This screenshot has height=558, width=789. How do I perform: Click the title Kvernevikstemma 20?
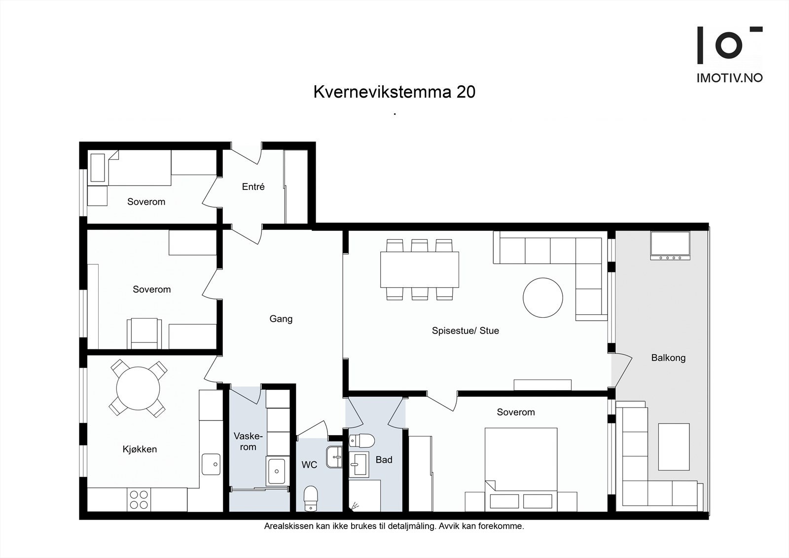394,92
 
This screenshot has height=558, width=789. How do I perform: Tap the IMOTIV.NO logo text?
729,78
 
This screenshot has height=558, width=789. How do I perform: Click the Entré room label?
253,186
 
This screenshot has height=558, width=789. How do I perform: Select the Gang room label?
281,319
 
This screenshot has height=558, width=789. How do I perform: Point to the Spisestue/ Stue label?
465,331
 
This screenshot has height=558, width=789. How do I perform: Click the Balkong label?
668,358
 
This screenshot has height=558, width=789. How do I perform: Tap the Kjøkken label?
140,449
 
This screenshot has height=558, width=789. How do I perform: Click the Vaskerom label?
248,442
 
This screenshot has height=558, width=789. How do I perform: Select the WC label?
309,465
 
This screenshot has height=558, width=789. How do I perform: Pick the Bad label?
384,460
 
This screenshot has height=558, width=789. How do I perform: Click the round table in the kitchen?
138,388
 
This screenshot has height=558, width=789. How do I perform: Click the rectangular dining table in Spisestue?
419,269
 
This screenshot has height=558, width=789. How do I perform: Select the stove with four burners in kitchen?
139,499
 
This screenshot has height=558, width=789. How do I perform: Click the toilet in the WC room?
310,498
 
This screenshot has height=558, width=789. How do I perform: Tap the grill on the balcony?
670,245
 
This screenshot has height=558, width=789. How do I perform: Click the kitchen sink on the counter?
211,464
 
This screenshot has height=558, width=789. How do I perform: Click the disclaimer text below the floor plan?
394,526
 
